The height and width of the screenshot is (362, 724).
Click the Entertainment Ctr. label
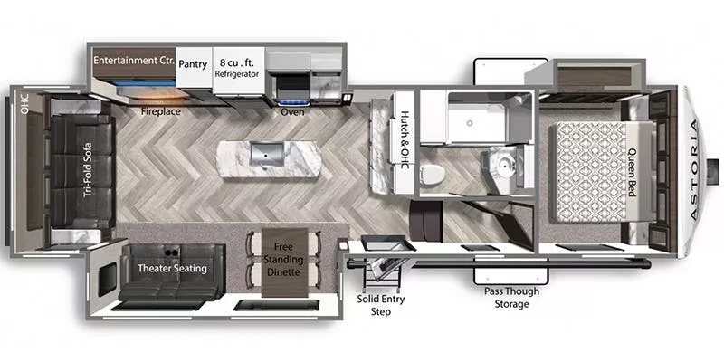[x=133, y=61]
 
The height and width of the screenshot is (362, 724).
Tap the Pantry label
[x=194, y=64]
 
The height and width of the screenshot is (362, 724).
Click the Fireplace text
[x=162, y=113]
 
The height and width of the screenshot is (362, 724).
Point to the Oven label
[x=292, y=113]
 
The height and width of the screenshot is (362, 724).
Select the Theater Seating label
[x=171, y=268]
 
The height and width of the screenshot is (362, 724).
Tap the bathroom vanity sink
[x=499, y=167]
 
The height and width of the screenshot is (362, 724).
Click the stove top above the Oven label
[x=292, y=81]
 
